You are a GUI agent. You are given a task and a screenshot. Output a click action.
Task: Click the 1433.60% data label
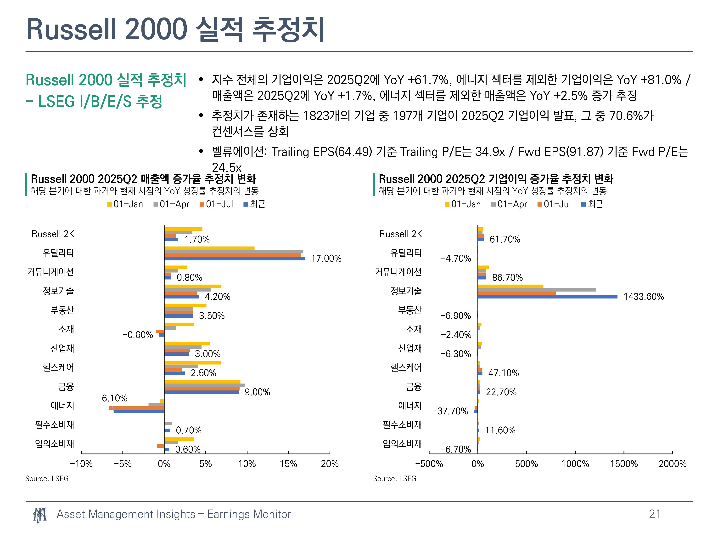pos(643,297)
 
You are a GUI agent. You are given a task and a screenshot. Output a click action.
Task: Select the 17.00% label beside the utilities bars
pos(326,259)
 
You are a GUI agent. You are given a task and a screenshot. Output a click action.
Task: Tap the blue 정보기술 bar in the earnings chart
pos(547,297)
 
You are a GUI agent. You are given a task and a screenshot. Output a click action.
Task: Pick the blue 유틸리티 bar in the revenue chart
pos(234,259)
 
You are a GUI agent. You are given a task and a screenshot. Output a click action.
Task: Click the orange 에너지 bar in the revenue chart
pos(136,408)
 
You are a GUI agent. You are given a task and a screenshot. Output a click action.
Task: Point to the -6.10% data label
pos(112,398)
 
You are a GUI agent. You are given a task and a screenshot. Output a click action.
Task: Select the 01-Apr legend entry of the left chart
pos(171,204)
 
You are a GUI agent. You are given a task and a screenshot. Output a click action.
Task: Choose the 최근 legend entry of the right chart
pos(592,204)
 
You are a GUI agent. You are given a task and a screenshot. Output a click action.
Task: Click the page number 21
pos(654,514)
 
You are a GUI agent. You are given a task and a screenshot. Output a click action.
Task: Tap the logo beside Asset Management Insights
pos(39,515)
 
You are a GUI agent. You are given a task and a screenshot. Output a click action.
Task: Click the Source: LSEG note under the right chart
pos(394,479)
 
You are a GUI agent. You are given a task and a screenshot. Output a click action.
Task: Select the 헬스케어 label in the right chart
pos(406,367)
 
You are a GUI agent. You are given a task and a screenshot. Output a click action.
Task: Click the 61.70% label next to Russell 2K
pos(505,240)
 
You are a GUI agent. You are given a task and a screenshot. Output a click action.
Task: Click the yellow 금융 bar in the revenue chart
pos(202,382)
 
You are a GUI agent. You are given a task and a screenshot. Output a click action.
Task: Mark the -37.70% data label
pos(450,411)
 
